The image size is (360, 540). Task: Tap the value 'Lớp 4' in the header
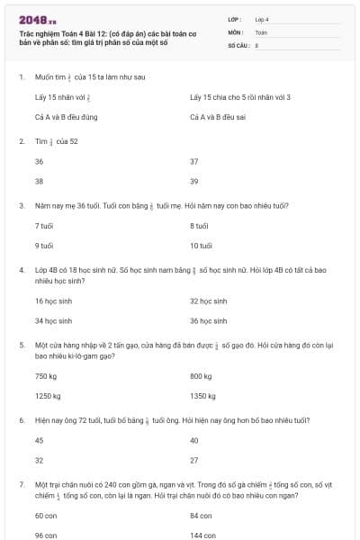(x=262, y=18)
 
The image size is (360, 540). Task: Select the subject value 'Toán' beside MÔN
(x=261, y=31)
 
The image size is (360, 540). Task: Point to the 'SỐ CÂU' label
(x=238, y=44)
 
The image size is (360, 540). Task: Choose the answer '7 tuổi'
(x=43, y=225)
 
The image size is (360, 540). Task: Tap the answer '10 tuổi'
(x=201, y=245)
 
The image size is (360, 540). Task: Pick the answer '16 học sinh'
(x=52, y=301)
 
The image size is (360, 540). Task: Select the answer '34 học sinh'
(x=52, y=320)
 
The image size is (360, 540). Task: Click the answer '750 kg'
(x=46, y=376)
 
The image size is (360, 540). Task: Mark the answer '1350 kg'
(x=203, y=396)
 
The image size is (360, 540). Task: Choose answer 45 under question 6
(x=39, y=440)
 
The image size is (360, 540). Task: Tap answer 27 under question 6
(x=194, y=460)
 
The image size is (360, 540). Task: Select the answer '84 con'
(x=200, y=516)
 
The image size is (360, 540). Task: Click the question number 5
(x=22, y=344)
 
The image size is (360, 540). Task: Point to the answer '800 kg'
(x=202, y=376)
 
